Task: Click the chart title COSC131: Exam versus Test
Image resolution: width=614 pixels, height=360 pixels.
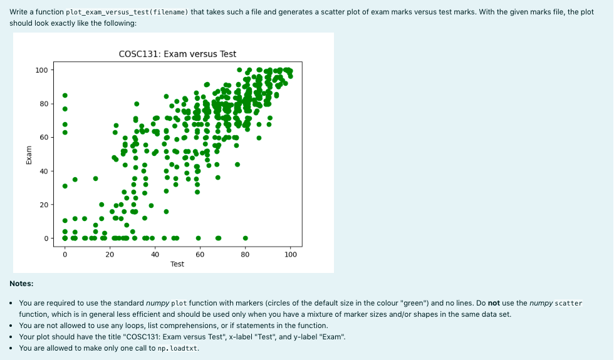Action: pos(177,54)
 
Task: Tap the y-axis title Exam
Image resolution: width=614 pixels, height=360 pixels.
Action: pos(29,154)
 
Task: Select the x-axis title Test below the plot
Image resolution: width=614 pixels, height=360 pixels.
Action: pos(177,264)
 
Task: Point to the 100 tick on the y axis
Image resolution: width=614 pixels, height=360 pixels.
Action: pos(42,69)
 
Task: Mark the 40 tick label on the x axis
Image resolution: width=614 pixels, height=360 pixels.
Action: pos(155,254)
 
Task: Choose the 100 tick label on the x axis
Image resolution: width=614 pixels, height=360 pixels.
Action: pos(291,254)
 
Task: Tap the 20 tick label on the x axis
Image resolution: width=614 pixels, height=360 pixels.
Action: pos(110,254)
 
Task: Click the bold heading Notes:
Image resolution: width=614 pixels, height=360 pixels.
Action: pos(22,284)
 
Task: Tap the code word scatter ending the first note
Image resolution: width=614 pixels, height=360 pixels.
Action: pos(568,304)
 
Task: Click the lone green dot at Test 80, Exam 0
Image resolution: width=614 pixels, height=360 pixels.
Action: pos(246,238)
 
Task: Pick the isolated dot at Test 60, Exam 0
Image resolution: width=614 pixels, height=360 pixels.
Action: pos(198,238)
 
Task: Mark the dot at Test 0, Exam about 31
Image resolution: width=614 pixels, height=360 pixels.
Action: pos(65,186)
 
